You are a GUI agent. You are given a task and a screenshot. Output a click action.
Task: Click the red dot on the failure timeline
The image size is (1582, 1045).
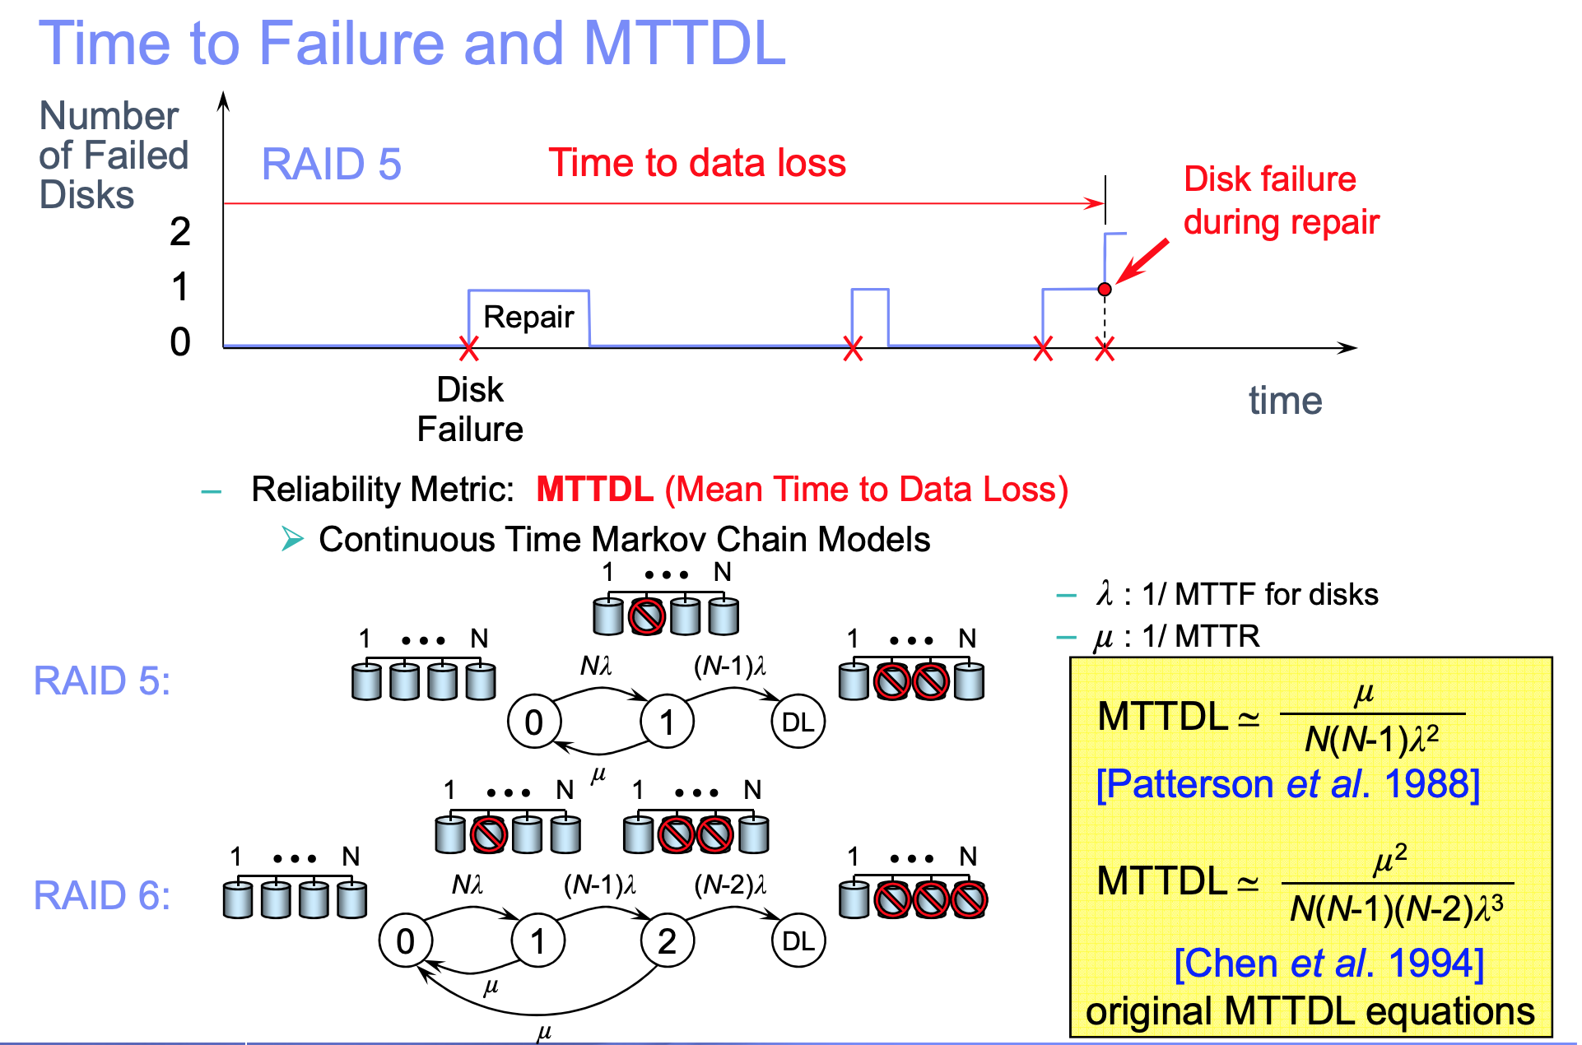(x=1105, y=290)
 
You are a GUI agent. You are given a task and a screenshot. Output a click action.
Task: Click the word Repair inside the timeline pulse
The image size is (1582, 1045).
(x=528, y=317)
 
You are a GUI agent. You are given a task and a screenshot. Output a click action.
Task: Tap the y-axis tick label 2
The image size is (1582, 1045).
(x=180, y=232)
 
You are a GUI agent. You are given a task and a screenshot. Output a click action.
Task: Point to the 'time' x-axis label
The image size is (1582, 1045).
(x=1285, y=401)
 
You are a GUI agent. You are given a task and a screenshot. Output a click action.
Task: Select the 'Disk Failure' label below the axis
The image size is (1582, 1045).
(x=470, y=409)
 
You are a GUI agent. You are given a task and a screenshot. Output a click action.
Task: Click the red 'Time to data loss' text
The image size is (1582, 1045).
(x=697, y=163)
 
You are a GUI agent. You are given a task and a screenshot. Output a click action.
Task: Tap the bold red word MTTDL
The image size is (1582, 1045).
(x=594, y=490)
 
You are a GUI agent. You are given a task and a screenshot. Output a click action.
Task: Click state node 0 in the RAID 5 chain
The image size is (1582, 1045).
(x=534, y=722)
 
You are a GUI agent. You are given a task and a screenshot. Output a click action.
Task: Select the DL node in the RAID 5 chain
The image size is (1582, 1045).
(x=798, y=722)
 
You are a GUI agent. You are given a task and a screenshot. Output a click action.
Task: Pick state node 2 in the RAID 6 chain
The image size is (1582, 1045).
(x=667, y=940)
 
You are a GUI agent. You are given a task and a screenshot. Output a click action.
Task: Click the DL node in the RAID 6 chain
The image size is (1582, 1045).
(x=798, y=940)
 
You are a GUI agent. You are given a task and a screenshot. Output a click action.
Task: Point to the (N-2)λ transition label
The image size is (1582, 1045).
(x=730, y=885)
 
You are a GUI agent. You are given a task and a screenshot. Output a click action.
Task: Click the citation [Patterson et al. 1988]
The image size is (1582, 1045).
(x=1288, y=784)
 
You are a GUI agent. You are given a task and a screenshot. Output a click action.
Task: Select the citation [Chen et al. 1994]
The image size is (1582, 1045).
(x=1328, y=964)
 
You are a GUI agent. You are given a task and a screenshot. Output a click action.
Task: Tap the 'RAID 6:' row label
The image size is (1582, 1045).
(x=102, y=895)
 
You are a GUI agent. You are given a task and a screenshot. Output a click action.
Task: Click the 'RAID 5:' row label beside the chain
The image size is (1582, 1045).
(x=102, y=680)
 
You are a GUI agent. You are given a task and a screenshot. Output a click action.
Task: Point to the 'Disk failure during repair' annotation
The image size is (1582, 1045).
(x=1281, y=201)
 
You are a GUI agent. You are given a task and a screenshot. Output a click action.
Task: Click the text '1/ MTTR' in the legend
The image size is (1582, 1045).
(x=1201, y=636)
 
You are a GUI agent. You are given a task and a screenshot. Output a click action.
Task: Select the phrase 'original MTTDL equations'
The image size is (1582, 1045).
(x=1310, y=1011)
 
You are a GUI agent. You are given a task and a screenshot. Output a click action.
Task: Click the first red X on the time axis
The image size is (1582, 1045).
(x=468, y=349)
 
